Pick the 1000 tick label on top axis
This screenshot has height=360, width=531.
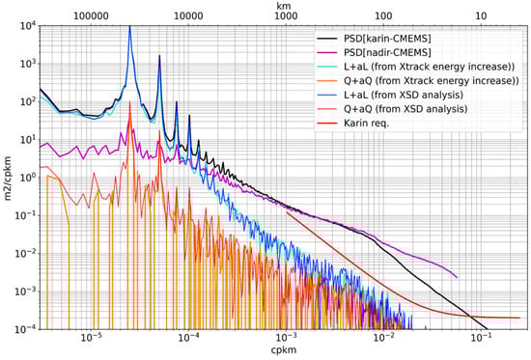coord(286,16)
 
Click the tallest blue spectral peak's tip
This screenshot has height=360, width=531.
coord(129,27)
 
